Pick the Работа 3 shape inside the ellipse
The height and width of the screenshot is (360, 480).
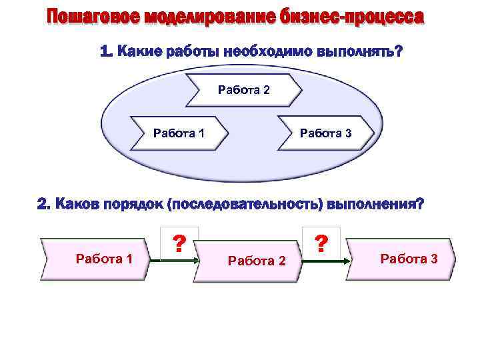point(325,133)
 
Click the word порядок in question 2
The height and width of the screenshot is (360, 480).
point(130,205)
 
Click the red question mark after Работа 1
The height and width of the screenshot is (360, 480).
point(178,243)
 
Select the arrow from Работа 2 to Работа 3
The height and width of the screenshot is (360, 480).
point(325,260)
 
